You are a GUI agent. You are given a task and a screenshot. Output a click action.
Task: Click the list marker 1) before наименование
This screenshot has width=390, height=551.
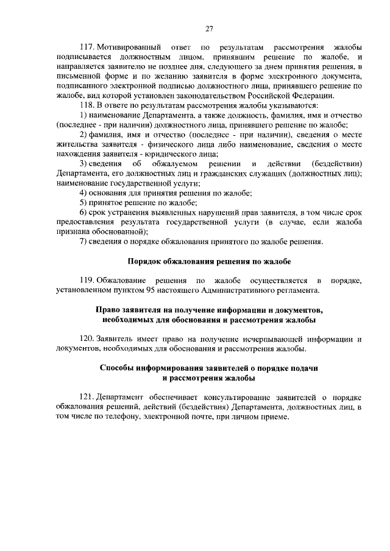click(84, 116)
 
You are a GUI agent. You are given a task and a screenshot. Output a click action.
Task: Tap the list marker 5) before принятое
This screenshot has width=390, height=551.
click(84, 203)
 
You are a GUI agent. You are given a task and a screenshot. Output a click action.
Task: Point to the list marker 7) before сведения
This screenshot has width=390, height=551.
click(84, 242)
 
